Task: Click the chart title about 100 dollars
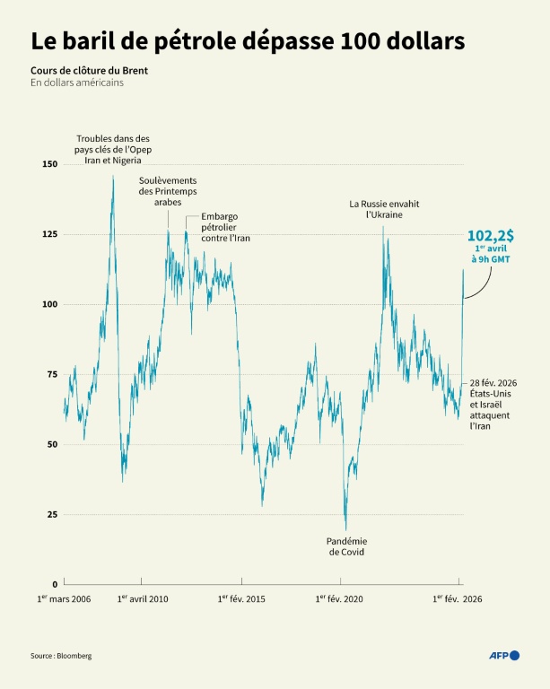point(248,41)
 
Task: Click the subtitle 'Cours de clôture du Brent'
point(88,69)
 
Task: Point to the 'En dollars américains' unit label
point(77,83)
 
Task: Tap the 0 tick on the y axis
point(54,584)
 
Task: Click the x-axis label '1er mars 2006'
point(64,599)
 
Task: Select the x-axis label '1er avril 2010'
point(143,599)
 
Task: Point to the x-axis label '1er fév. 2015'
point(241,599)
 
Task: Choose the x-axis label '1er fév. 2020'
point(340,599)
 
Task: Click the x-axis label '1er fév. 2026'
point(458,599)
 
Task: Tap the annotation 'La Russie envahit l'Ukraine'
point(384,209)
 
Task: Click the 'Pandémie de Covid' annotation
point(345,546)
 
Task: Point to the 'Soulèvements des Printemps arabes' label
point(168,191)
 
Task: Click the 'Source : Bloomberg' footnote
point(61,656)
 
